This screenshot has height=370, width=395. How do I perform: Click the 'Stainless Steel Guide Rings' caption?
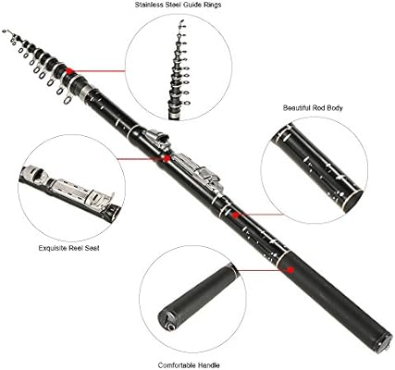tap(178, 5)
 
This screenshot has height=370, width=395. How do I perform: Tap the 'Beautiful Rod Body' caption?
tap(313, 108)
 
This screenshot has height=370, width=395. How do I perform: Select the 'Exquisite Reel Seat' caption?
tap(69, 248)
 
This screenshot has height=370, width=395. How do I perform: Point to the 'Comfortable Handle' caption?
tap(189, 365)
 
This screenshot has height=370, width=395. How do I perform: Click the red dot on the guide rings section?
tap(69, 71)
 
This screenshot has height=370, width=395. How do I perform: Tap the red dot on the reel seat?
tap(167, 158)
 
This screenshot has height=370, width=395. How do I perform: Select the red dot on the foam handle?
tap(290, 269)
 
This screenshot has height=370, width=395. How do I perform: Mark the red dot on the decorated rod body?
tap(235, 215)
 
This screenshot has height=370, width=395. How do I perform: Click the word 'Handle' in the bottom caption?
tap(209, 365)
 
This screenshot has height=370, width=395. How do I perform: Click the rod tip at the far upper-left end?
tap(4, 31)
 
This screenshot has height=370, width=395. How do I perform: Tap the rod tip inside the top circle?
tap(181, 23)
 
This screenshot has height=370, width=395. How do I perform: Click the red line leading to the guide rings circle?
tap(99, 71)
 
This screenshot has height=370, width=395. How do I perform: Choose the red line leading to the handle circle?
tap(262, 270)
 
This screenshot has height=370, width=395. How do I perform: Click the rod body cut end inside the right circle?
tap(352, 201)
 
